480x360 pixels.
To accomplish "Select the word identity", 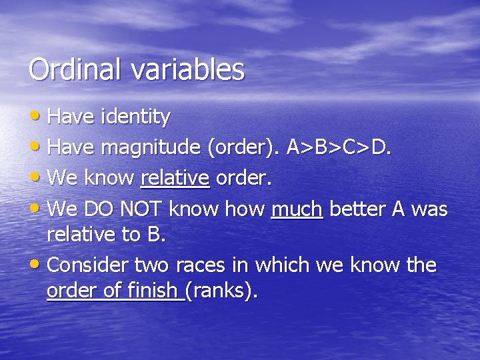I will [135, 117].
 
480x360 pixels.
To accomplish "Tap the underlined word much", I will [297, 209].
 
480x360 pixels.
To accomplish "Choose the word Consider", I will [89, 265].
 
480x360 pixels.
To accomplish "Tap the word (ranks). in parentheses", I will [221, 291].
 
